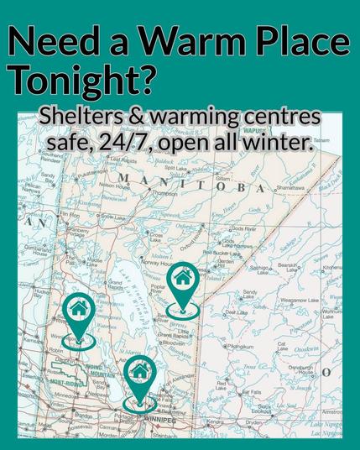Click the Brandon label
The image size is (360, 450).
pyautogui.click(x=82, y=416)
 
